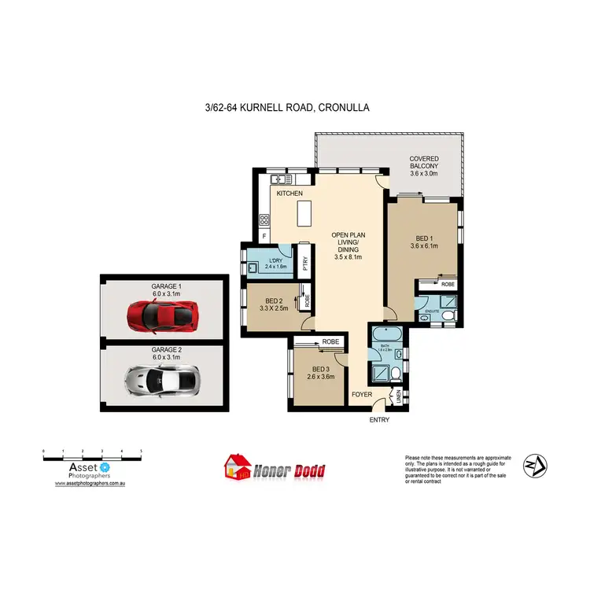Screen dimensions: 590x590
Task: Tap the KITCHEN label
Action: coord(289,191)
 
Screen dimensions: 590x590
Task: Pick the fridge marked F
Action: coord(264,237)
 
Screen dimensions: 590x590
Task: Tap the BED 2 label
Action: coord(274,301)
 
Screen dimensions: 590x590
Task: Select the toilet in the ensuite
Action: coord(448,316)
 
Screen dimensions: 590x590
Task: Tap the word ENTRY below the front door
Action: coord(379,419)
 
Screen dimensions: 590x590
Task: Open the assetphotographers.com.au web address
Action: coord(90,484)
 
